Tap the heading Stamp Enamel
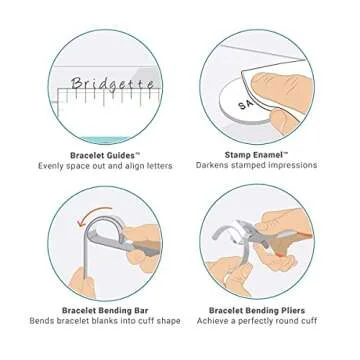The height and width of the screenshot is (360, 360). [251, 155]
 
